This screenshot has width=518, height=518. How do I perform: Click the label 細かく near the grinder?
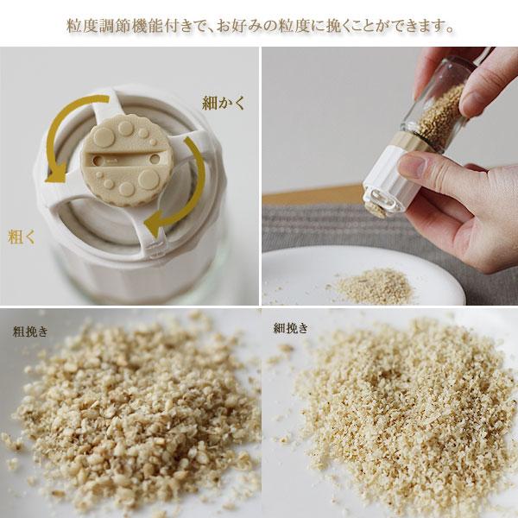pos(224,103)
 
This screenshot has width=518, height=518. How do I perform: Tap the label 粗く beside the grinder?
pos(21,237)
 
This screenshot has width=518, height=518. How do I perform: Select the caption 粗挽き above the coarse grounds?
pos(30,332)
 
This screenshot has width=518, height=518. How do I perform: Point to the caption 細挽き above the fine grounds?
pos(291,328)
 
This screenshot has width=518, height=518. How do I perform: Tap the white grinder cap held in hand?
pos(391,181)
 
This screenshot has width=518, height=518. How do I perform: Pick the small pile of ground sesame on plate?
pos(373,286)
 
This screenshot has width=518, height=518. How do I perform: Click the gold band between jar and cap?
pos(409,141)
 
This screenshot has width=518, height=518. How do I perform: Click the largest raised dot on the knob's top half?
pos(103,136)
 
